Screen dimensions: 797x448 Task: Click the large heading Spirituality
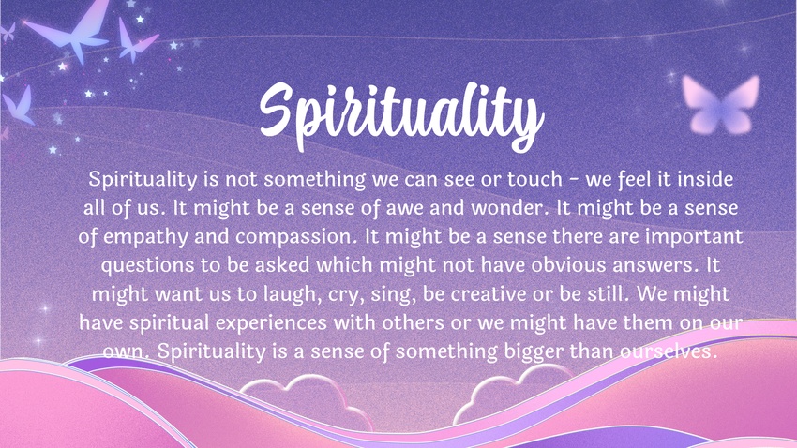[x=401, y=117]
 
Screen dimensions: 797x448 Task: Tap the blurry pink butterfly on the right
[x=721, y=104]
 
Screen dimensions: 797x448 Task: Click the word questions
[x=147, y=265]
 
